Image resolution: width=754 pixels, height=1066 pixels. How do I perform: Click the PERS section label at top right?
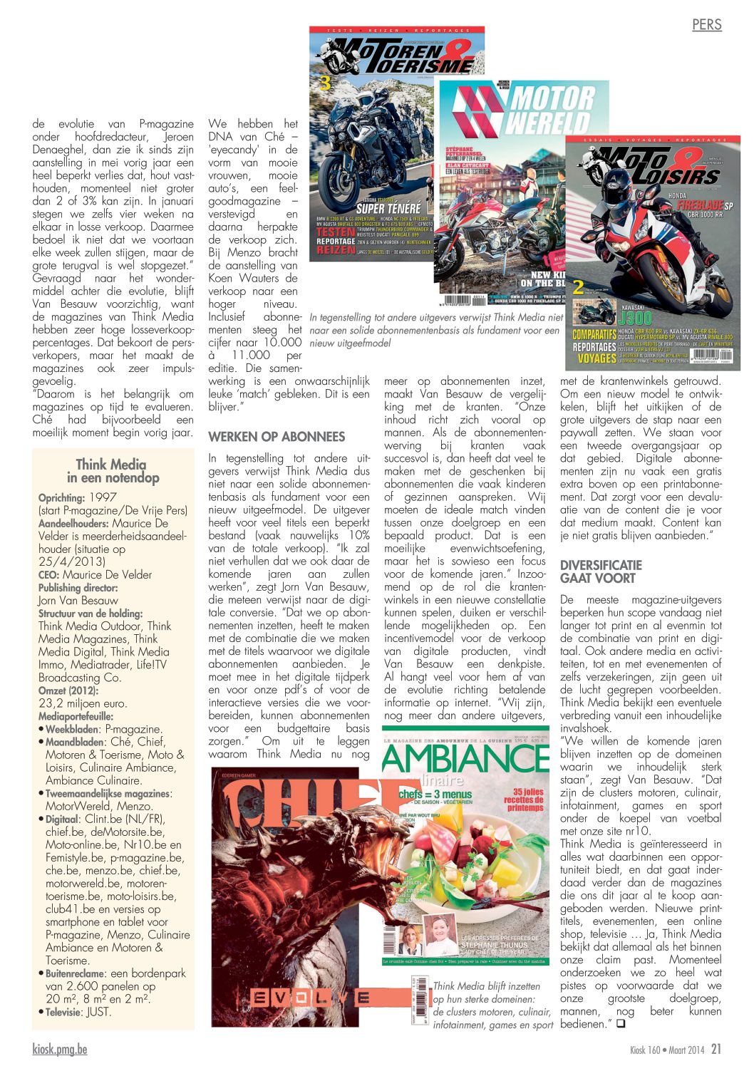click(706, 25)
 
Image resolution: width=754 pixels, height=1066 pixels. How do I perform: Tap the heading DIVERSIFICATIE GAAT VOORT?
click(601, 571)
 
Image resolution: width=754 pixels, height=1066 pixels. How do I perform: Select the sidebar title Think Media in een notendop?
click(113, 471)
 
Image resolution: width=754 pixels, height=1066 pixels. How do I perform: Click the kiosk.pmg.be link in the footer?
click(60, 1049)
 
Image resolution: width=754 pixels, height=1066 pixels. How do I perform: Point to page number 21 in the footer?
click(716, 1049)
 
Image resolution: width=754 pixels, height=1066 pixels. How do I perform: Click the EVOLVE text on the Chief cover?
click(310, 998)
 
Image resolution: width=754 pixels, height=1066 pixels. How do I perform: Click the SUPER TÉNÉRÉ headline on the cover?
click(391, 208)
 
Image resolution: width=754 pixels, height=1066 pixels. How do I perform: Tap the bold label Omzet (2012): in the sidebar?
click(68, 690)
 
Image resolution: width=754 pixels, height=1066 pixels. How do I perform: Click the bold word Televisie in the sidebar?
click(63, 1012)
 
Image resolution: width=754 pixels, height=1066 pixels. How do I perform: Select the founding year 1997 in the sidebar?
click(103, 497)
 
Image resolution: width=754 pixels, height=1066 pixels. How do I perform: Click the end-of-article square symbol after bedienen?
click(620, 1025)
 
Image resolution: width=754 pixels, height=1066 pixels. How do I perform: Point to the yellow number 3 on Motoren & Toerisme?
click(324, 83)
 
